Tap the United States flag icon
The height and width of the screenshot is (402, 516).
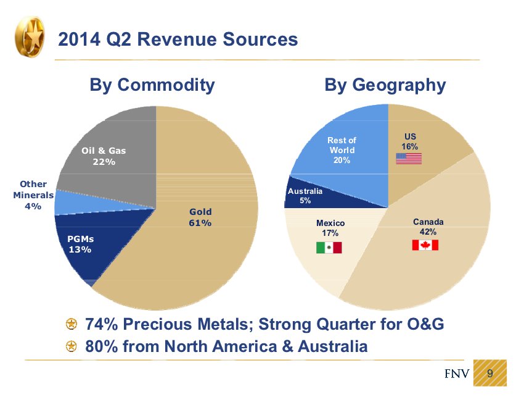coord(408,158)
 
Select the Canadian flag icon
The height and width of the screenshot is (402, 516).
coord(425,245)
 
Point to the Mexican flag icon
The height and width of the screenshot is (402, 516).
coord(329,248)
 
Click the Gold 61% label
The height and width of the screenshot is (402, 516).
coord(200,217)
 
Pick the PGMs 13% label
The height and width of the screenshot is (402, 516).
coord(80,244)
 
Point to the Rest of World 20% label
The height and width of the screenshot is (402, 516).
coord(342,151)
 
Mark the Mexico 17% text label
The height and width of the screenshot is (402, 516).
coord(330,228)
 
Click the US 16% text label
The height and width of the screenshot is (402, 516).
coord(410,141)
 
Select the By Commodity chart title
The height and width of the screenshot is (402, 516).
coord(152,85)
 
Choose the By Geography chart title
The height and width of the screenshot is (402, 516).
coord(385,85)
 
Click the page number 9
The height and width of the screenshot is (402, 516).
coord(490,373)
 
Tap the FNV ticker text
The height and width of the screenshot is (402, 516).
coord(457,374)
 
